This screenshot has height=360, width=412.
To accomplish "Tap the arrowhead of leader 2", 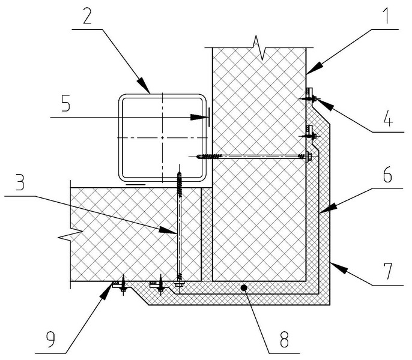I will click(147, 89).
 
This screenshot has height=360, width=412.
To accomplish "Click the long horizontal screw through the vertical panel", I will click(252, 157).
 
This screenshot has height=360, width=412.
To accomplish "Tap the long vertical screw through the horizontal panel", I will click(179, 228).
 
